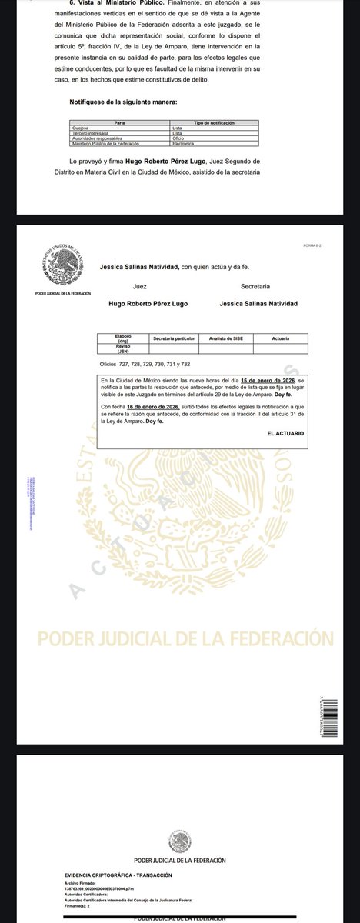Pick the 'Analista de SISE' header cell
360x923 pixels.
point(225,338)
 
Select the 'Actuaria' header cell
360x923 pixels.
point(281,338)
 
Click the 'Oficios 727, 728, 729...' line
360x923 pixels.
point(145,365)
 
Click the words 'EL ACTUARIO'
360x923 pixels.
point(287,434)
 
